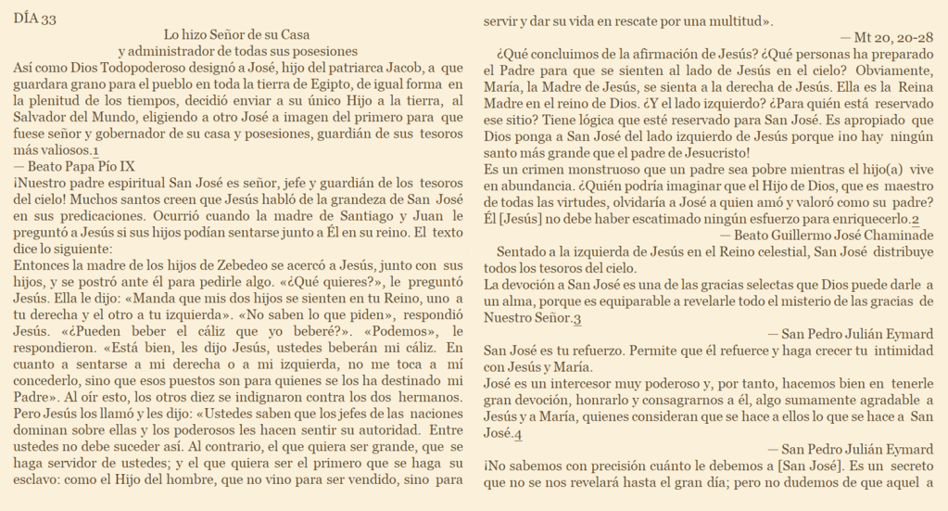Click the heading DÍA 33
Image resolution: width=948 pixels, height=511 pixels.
[35, 19]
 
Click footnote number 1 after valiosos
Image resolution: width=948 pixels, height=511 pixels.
[96, 151]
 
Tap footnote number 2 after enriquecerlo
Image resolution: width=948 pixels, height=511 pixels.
[916, 220]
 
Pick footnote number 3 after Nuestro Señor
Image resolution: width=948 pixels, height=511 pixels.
[577, 320]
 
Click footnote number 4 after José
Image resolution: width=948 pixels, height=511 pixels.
[519, 435]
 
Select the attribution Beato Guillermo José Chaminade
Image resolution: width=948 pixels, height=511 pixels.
[834, 236]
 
